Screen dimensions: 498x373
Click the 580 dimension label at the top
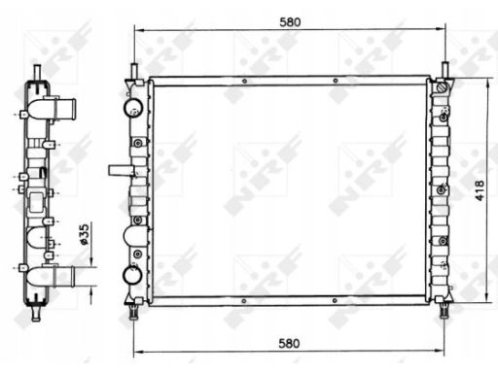coord(290,22)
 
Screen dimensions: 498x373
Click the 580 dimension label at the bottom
coord(289,344)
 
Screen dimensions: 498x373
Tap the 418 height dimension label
coord(480,190)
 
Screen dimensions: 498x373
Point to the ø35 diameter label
coord(84,234)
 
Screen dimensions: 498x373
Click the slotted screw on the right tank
coord(443,87)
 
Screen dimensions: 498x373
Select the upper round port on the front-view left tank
coord(133,107)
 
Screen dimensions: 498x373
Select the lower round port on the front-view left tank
coord(132,275)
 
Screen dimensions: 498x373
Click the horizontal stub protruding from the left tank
coord(122,170)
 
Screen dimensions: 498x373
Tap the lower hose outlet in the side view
coord(64,276)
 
